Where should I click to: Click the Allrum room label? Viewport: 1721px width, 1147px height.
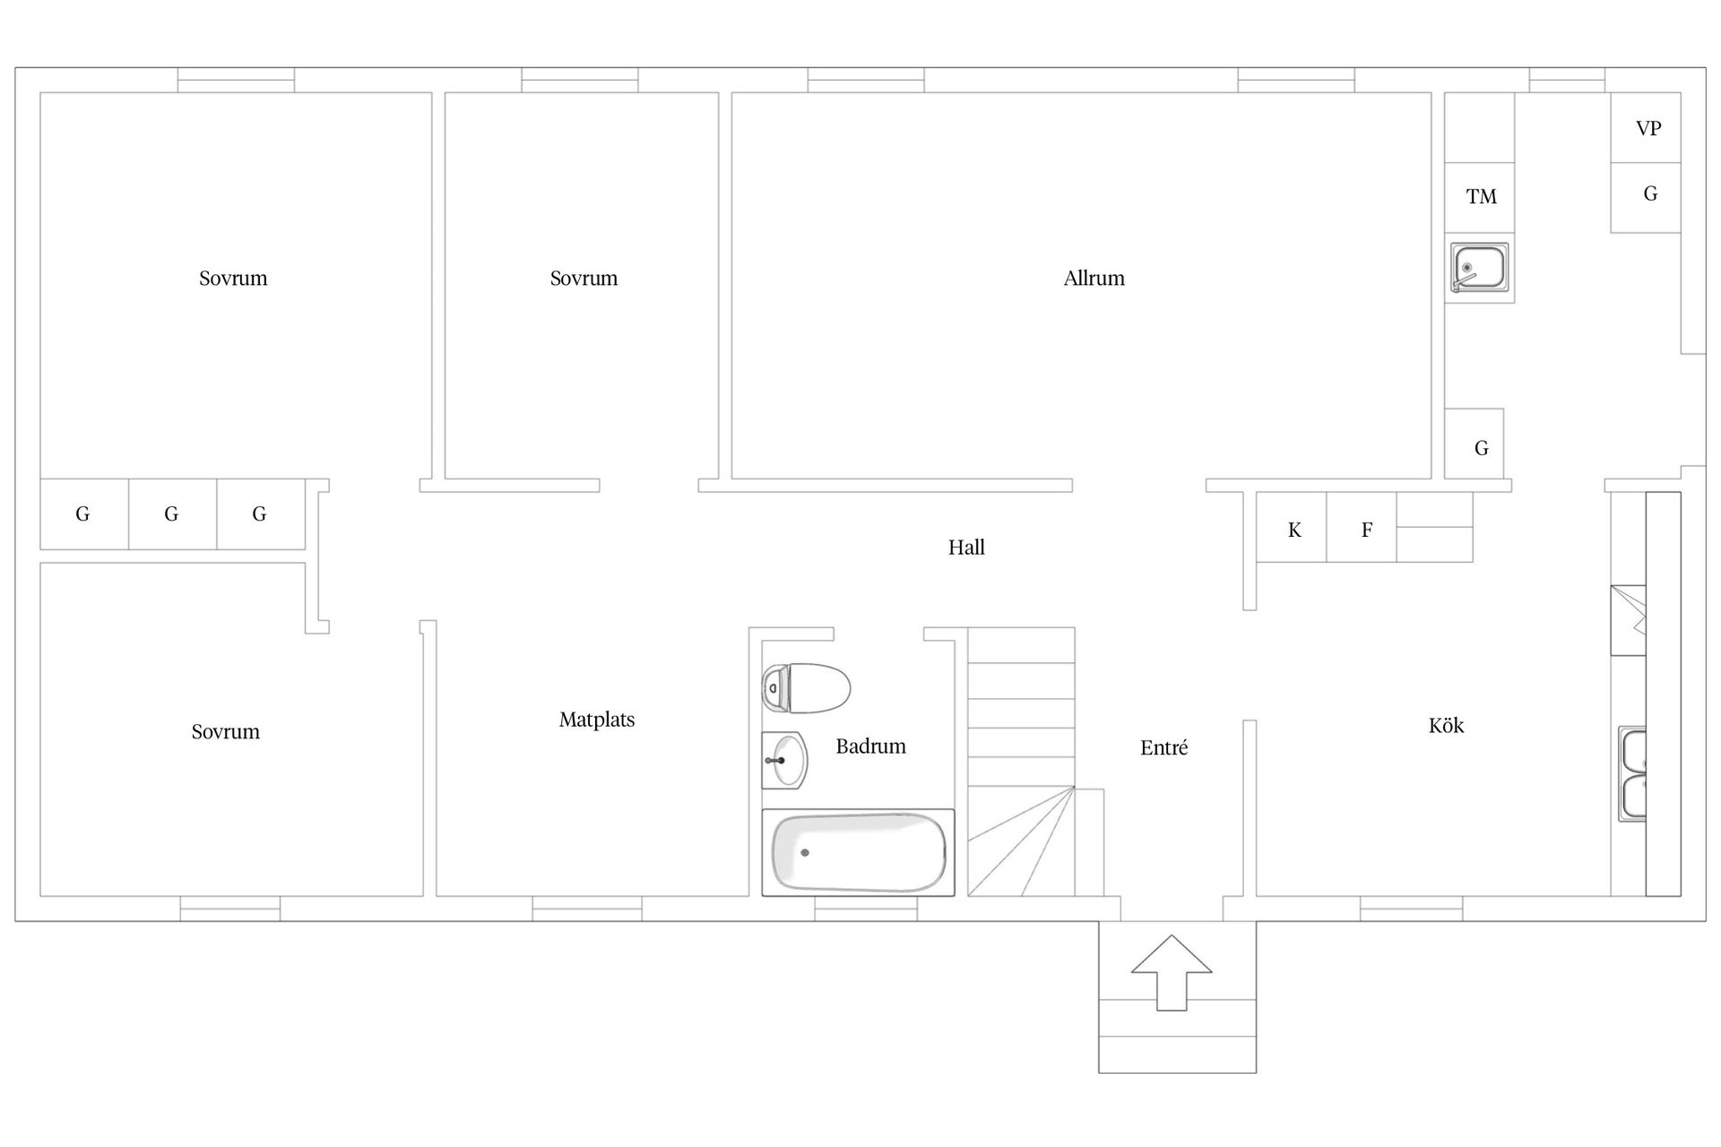click(x=1094, y=279)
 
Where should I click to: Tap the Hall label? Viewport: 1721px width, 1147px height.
click(x=966, y=548)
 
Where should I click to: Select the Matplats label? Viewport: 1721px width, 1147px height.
click(x=597, y=720)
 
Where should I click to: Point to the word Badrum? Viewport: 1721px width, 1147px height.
click(x=870, y=746)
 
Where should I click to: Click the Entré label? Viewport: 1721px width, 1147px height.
click(x=1163, y=747)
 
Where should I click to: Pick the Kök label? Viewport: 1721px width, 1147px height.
click(x=1446, y=725)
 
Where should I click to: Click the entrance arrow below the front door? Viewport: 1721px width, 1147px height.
click(x=1172, y=972)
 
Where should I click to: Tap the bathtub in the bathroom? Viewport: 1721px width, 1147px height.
click(x=858, y=852)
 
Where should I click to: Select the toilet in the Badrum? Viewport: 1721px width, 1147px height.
click(x=806, y=688)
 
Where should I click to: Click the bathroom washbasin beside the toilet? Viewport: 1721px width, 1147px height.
click(x=784, y=760)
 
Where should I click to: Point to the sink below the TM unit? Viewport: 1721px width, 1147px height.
click(x=1479, y=267)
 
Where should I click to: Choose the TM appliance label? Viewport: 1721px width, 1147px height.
click(x=1481, y=196)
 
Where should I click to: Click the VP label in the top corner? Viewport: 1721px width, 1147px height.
click(x=1648, y=128)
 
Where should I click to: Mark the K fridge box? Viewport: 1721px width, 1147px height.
click(x=1292, y=528)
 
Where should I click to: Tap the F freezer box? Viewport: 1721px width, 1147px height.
click(x=1362, y=528)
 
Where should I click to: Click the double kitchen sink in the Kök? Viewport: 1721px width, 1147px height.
click(x=1632, y=774)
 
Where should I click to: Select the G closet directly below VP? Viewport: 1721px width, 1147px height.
click(x=1646, y=198)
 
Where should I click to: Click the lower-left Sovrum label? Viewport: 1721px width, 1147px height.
click(x=226, y=732)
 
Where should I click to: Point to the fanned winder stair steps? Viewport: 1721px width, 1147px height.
click(x=1022, y=841)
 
